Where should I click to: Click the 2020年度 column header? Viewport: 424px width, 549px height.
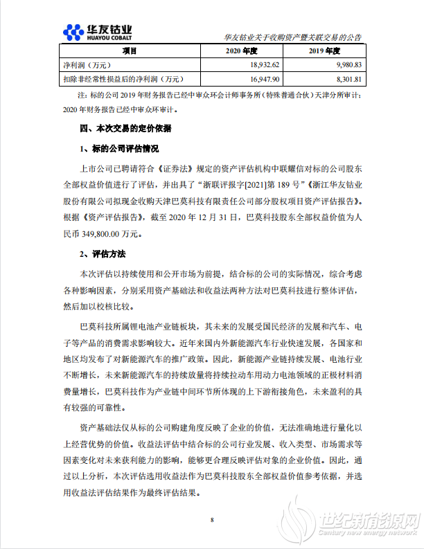tap(242, 51)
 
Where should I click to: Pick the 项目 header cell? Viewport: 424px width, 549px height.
tap(130, 51)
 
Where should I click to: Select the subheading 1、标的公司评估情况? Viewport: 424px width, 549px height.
tap(120, 149)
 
